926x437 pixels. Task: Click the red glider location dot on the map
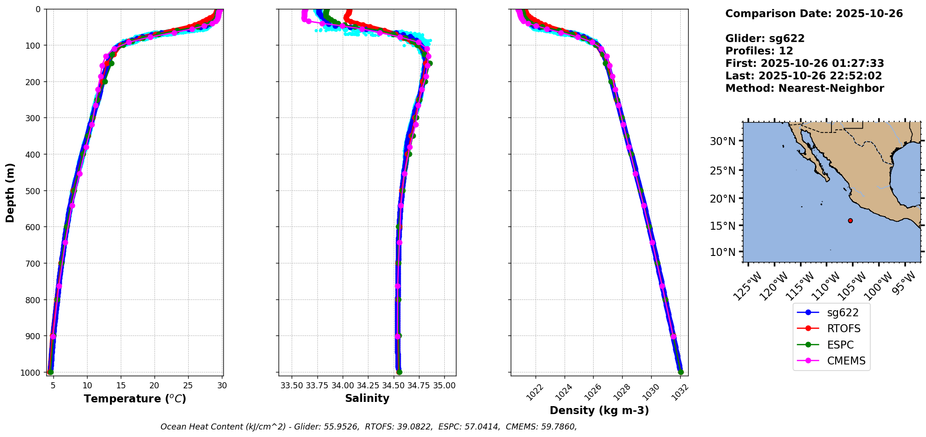[850, 220]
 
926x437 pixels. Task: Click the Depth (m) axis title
[10, 192]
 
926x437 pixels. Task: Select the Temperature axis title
[135, 399]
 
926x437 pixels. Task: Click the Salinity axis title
[367, 398]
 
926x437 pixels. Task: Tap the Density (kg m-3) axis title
[599, 410]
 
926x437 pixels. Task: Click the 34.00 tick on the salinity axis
[343, 386]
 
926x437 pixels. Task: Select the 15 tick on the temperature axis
[121, 386]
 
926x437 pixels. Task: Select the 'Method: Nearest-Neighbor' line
[804, 88]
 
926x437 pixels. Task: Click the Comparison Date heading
[814, 14]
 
